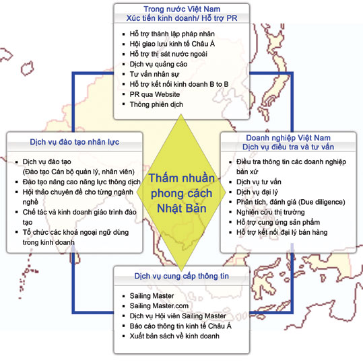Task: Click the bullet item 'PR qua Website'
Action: [x=154, y=94]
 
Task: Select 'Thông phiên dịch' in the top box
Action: [x=156, y=104]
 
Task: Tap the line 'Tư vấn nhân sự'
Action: [x=154, y=74]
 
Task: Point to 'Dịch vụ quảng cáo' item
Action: [x=158, y=64]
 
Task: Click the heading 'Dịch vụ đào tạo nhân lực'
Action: [x=74, y=142]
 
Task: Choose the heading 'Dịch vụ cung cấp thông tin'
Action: [x=182, y=276]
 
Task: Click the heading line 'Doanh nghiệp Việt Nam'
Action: [x=288, y=138]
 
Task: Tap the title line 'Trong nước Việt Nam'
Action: [x=182, y=9]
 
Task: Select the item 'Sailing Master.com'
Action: [x=159, y=305]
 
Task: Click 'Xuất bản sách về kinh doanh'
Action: [x=174, y=336]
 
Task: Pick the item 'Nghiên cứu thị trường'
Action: [x=271, y=212]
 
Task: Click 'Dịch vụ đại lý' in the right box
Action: [x=257, y=192]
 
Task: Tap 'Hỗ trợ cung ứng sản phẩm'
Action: [x=278, y=222]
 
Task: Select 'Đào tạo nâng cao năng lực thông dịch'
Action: [x=81, y=182]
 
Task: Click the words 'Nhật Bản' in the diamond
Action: [x=182, y=208]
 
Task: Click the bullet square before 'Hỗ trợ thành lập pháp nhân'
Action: [x=124, y=34]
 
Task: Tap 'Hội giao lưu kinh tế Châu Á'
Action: [x=172, y=44]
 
